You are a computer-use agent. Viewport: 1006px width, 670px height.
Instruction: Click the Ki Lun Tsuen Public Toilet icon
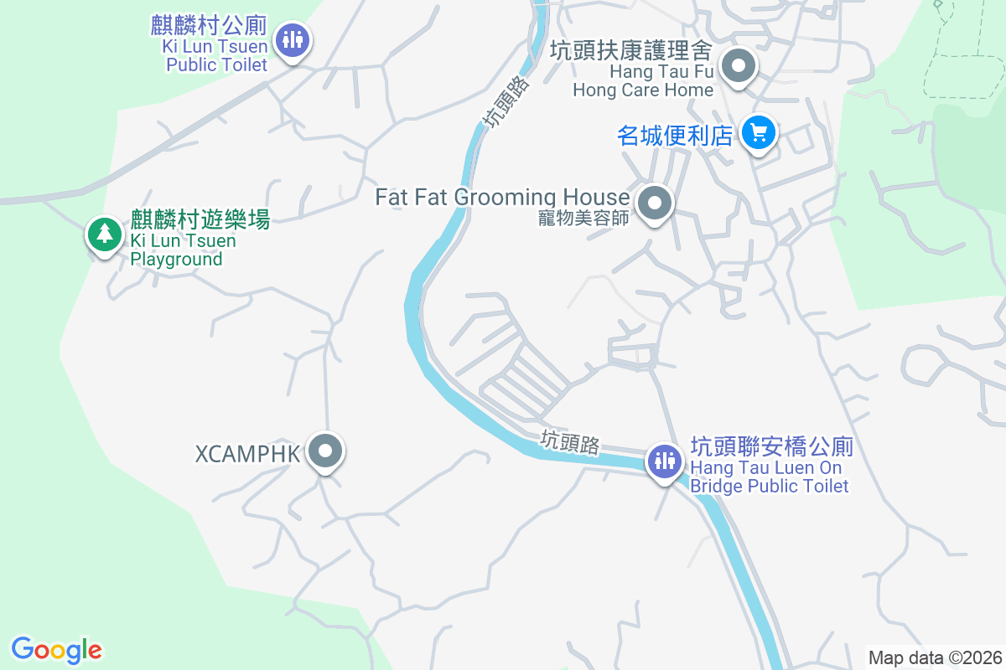point(292,40)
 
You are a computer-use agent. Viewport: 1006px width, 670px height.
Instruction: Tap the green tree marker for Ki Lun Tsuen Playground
point(104,234)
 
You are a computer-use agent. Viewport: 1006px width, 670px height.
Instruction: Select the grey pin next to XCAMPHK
point(325,452)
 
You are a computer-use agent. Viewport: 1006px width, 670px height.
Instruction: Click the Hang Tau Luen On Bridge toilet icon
point(665,461)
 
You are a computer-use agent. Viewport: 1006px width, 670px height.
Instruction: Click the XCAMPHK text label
point(247,455)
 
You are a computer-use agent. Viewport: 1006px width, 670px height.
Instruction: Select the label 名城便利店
point(675,135)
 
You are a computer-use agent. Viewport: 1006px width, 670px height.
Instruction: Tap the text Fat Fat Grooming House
point(502,198)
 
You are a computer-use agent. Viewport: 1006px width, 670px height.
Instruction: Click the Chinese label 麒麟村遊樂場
point(200,220)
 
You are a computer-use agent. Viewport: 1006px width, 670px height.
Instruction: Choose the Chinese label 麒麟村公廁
point(209,25)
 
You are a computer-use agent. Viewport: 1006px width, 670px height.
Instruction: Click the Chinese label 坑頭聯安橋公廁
point(771,446)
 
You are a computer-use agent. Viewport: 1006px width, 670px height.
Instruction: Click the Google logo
point(56,649)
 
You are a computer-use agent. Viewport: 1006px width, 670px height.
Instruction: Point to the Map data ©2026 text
point(934,657)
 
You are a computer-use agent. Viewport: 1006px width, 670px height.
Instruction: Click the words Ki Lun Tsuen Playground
point(183,250)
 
